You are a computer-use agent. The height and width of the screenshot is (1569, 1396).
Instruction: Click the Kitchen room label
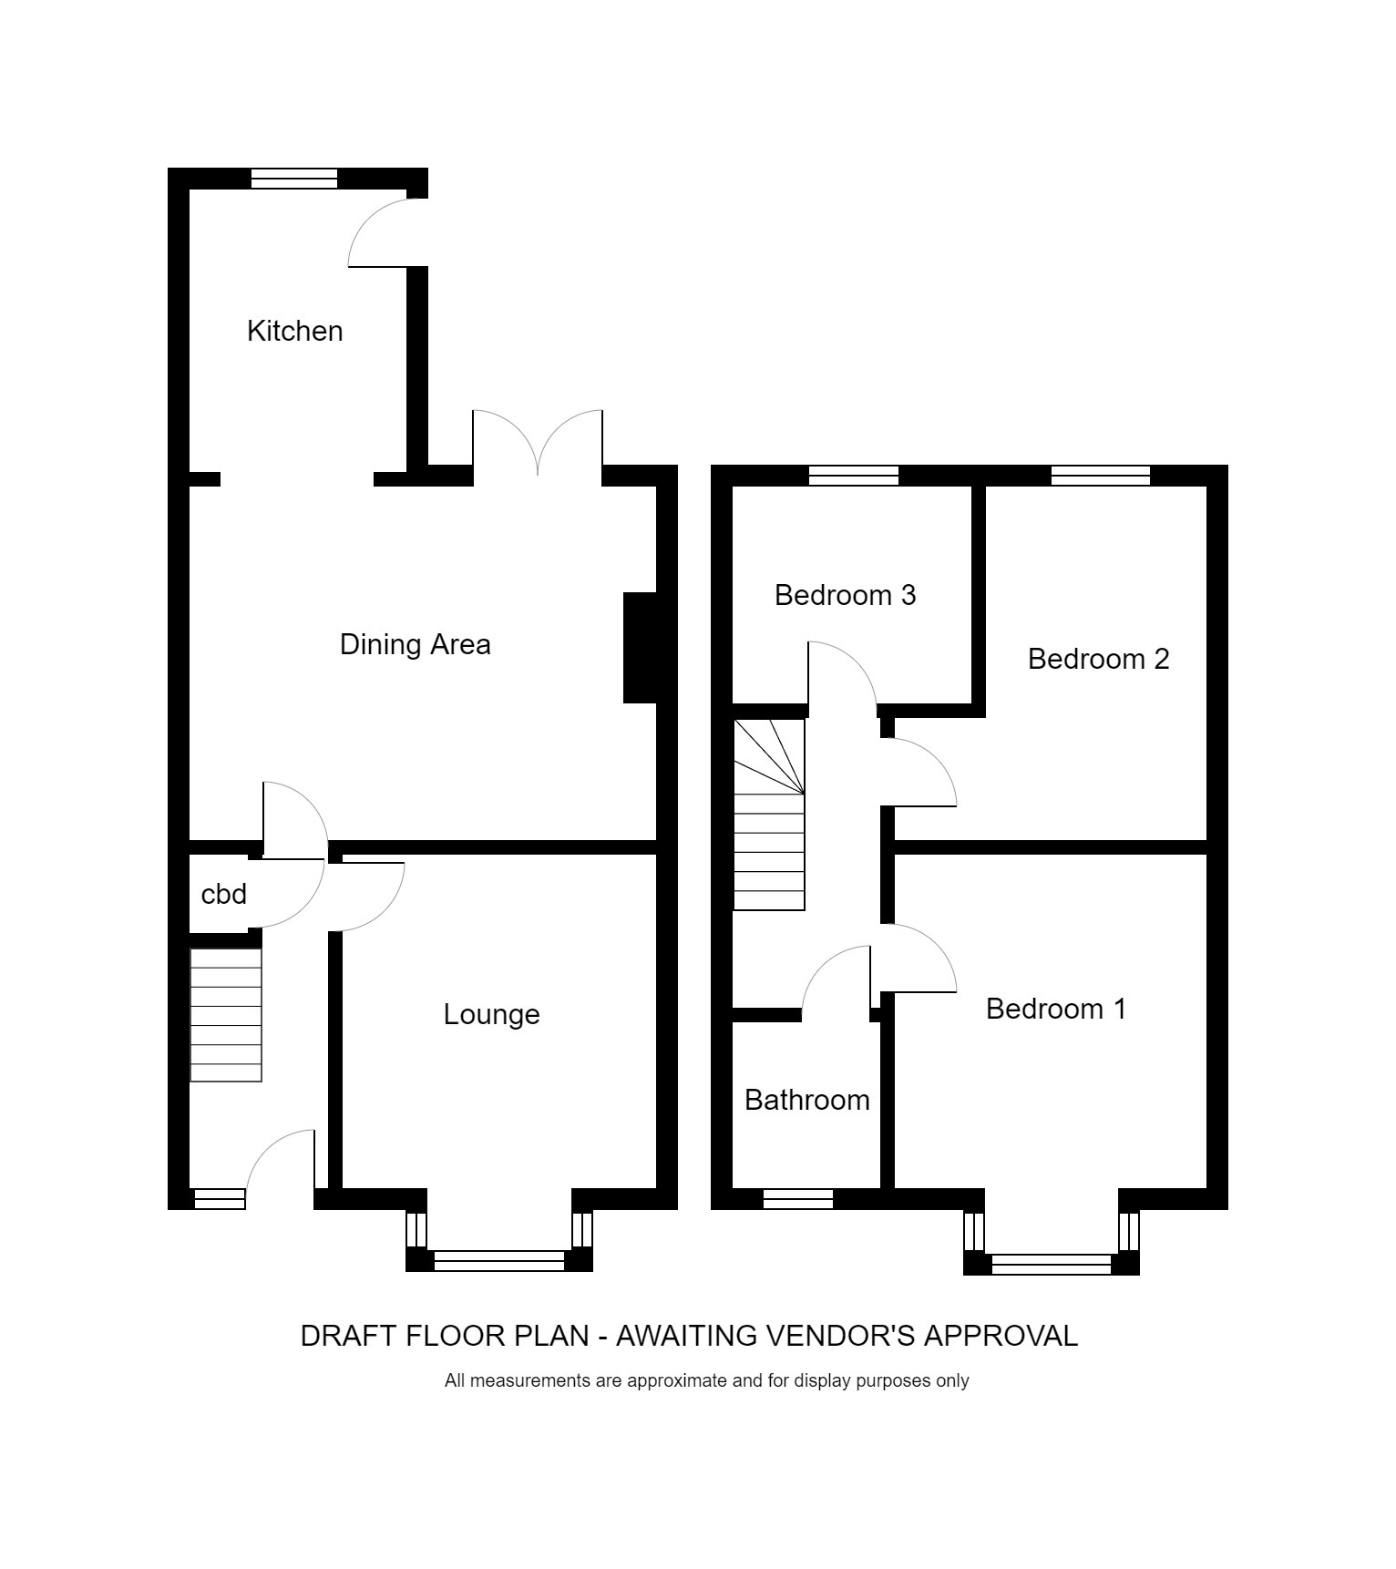tap(294, 331)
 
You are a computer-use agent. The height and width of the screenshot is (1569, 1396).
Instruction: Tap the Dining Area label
tap(415, 644)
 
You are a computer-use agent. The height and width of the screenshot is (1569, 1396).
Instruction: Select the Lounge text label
tap(491, 1014)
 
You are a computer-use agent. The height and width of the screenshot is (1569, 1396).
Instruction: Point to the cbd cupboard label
tap(223, 895)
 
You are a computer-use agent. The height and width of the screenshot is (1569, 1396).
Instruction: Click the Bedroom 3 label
tap(845, 595)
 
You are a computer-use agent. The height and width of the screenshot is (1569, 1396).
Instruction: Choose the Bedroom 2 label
tap(1098, 659)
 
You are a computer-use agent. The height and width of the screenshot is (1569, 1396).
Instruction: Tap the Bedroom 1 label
tap(1056, 1009)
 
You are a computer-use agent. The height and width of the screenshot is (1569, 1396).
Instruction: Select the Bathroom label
tap(806, 1100)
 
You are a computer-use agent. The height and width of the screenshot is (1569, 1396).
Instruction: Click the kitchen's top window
tap(293, 179)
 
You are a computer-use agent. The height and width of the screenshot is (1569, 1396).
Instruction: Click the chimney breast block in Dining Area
tap(640, 648)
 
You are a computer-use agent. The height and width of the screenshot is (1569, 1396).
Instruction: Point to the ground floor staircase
tap(226, 1015)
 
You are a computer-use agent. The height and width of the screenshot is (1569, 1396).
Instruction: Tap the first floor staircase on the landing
tap(769, 814)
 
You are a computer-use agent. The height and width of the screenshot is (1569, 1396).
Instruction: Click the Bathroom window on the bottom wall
tap(797, 1199)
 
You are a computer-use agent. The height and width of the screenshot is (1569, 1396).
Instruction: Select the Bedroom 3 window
tap(853, 475)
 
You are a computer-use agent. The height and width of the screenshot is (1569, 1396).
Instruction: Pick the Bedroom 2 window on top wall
tap(1100, 475)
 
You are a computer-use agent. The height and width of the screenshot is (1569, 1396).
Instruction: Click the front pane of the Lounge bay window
tap(498, 1260)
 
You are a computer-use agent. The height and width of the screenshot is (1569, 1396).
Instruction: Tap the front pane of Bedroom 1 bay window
tap(1051, 1264)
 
